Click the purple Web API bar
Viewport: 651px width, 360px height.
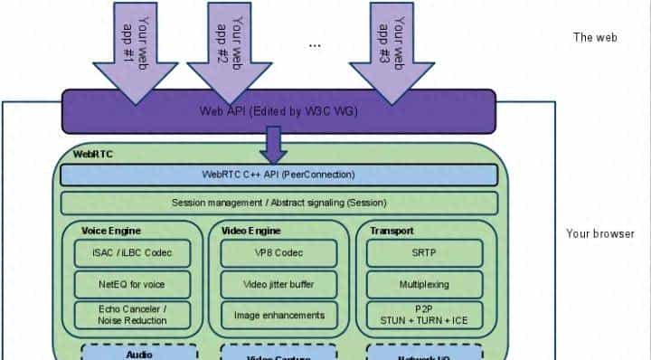point(278,111)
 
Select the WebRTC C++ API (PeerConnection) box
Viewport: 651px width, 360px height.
point(278,174)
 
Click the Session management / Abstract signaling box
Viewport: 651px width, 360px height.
point(278,203)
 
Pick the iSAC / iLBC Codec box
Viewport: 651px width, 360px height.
point(133,252)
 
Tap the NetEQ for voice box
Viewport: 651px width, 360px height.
point(133,284)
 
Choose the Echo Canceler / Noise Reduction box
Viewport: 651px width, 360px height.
point(133,314)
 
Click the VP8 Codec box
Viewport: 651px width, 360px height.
point(278,252)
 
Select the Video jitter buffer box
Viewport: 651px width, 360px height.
point(278,284)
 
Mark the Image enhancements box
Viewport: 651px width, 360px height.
point(278,314)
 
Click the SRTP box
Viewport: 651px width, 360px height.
point(423,252)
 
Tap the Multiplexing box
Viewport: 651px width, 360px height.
point(423,284)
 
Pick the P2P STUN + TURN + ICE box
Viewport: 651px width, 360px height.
point(423,314)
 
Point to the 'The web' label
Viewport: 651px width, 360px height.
point(594,37)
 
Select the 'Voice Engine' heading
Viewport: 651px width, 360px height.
point(111,231)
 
